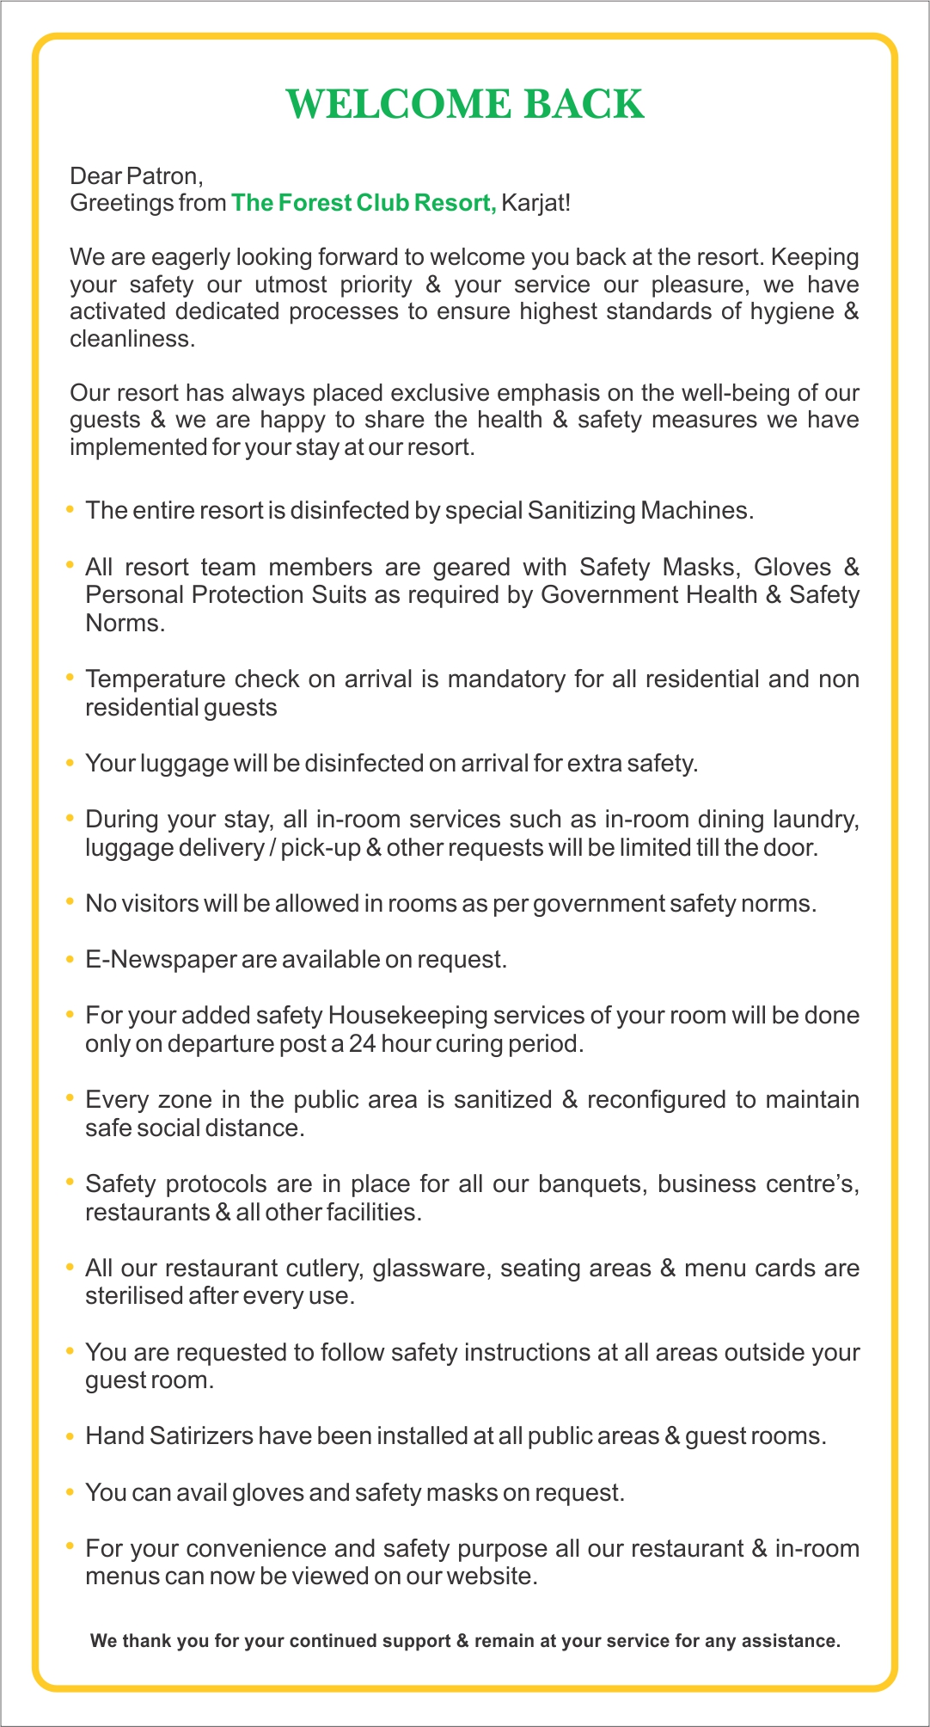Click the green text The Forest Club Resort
point(364,203)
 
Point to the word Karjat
point(535,203)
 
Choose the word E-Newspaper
point(160,960)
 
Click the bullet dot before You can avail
point(70,1492)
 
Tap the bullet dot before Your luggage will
point(70,763)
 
